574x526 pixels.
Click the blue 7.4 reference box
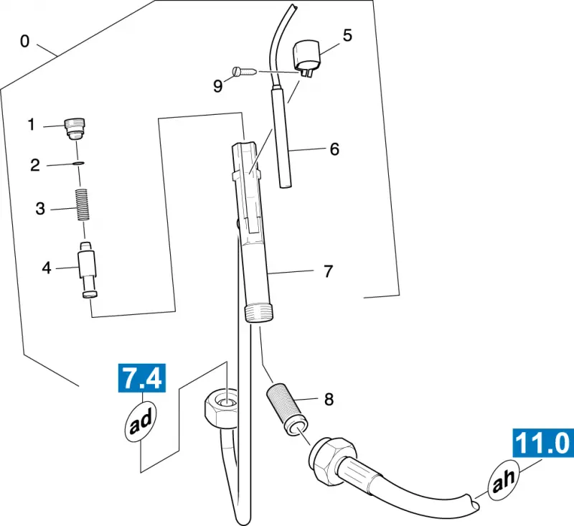click(142, 377)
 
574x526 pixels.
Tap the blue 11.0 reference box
click(543, 443)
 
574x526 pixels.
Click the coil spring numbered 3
click(83, 205)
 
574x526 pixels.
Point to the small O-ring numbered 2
click(78, 163)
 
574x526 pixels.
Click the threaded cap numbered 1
click(75, 128)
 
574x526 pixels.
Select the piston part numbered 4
click(88, 270)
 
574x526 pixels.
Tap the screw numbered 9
click(245, 71)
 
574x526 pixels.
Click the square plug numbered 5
click(307, 57)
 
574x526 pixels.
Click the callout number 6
click(334, 149)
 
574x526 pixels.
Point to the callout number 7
click(329, 271)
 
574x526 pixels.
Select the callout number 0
click(24, 42)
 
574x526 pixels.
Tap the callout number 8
click(329, 400)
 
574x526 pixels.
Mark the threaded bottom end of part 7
click(259, 313)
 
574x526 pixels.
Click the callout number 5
click(347, 35)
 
